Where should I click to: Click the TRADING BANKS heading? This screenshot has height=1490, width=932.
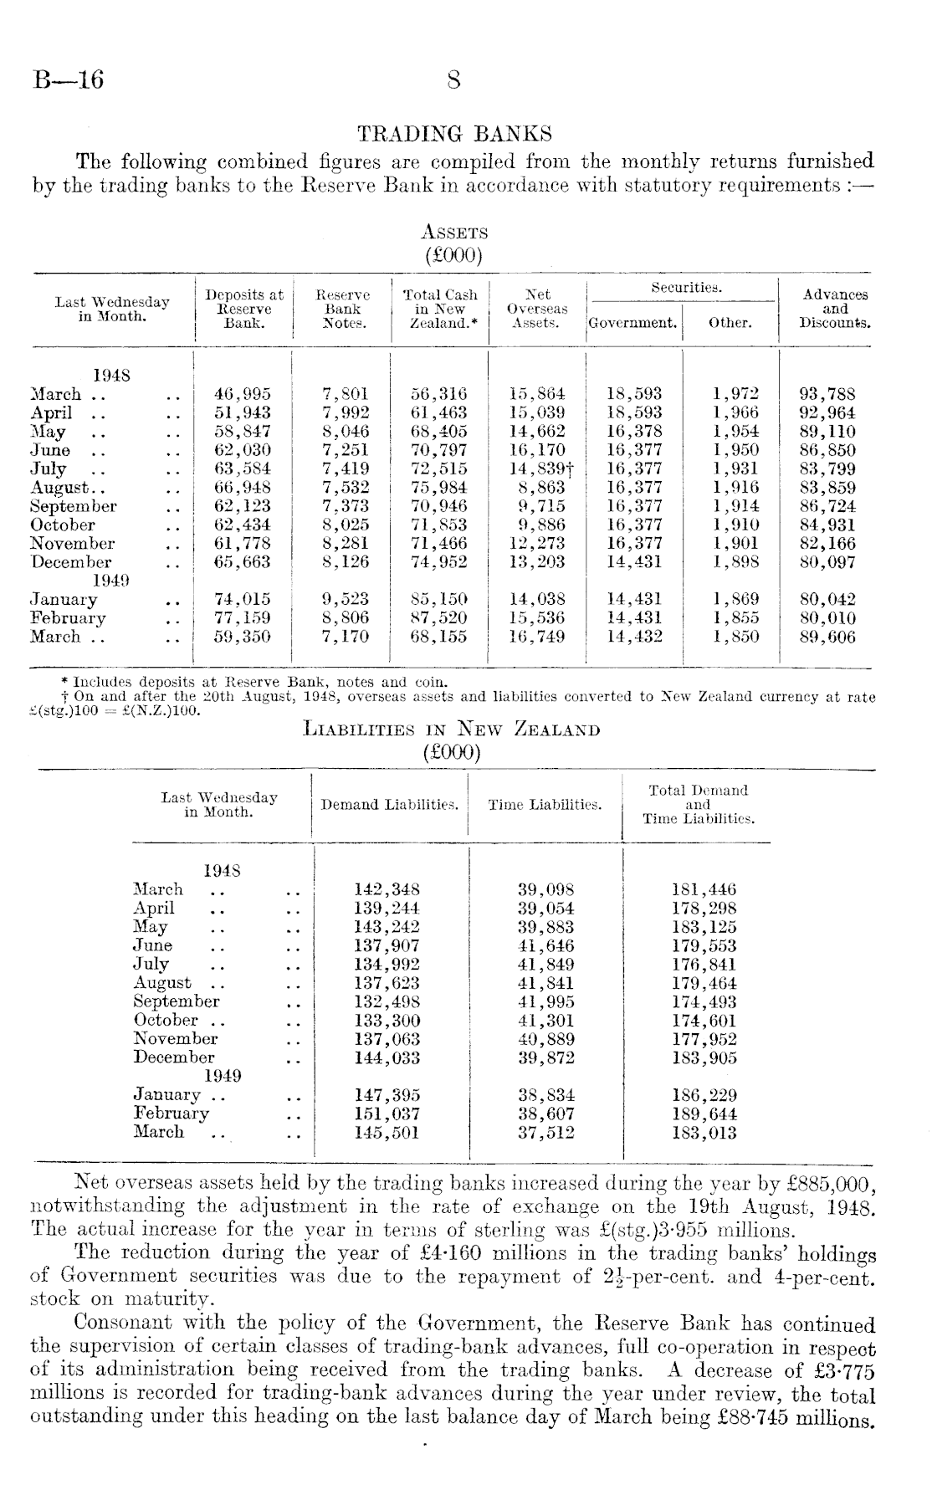454,134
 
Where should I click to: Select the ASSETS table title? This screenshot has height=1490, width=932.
454,233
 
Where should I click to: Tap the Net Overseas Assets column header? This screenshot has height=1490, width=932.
536,309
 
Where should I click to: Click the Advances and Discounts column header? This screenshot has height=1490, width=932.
835,309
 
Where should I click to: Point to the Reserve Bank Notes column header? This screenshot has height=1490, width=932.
342,309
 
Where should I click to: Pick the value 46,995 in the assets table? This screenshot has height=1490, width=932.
243,394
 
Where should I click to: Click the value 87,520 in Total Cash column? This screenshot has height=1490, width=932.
439,618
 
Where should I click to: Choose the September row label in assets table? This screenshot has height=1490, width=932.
74,506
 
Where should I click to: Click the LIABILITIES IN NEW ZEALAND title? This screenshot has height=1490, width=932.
452,730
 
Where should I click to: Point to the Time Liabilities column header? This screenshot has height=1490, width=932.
545,805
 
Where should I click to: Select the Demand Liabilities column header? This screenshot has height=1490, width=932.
390,805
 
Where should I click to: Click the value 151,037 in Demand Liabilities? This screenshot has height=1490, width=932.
387,1114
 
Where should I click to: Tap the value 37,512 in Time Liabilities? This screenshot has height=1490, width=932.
547,1132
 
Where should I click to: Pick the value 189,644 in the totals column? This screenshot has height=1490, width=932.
704,1114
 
